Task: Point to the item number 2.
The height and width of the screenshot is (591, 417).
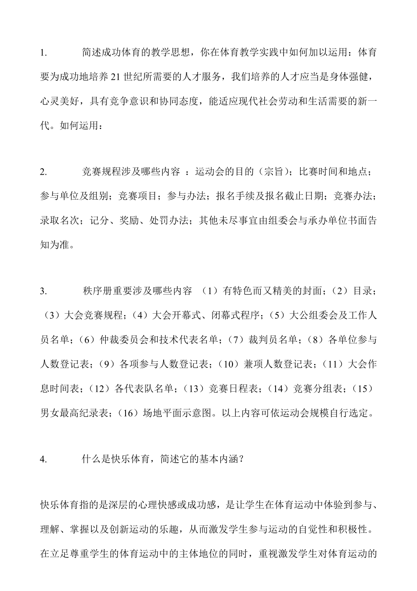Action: point(44,172)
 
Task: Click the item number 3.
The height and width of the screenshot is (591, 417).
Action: point(44,291)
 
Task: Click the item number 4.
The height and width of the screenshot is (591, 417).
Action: point(44,459)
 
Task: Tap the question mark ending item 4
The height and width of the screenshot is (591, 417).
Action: point(242,459)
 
